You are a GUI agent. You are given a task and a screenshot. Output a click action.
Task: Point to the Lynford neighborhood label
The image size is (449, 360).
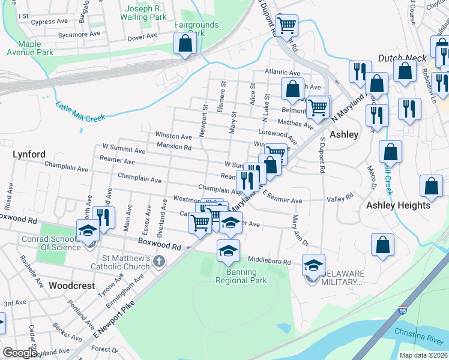pos(29,154)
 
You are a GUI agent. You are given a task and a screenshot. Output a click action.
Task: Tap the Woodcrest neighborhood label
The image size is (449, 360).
pos(71,286)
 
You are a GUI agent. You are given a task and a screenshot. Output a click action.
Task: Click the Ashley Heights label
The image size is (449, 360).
pos(399,205)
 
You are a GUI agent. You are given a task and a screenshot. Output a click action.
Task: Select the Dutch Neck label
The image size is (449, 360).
pos(402,58)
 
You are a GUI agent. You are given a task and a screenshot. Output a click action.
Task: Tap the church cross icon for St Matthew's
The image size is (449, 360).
pos(158,261)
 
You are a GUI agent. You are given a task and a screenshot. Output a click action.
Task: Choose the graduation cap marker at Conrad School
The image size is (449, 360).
pos(87,231)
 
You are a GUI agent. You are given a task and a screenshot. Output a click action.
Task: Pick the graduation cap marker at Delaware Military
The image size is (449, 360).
pos(313,265)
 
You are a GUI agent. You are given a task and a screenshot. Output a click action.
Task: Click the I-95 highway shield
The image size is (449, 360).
pos(402,311)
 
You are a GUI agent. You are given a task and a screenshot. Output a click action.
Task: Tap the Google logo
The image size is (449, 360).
pos(20,353)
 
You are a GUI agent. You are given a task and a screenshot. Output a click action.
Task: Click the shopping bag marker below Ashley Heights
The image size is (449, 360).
pos(382,245)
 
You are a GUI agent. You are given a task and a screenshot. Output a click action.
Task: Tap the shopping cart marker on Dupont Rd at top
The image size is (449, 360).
pos(287,26)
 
